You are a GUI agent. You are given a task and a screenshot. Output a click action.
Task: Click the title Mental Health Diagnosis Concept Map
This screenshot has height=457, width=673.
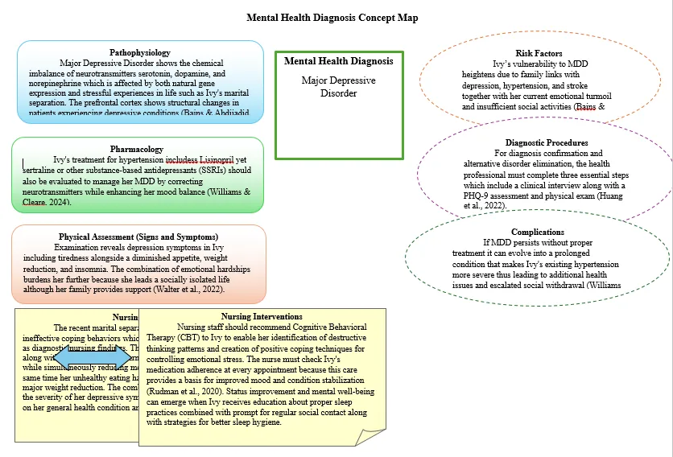pyautogui.click(x=332, y=18)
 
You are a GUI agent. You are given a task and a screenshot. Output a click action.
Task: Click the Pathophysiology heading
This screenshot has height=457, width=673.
pyautogui.click(x=140, y=52)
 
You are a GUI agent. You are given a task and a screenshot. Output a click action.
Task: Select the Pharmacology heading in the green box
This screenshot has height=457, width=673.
pyautogui.click(x=136, y=149)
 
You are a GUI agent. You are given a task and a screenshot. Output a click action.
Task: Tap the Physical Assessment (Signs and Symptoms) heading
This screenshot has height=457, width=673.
pyautogui.click(x=138, y=237)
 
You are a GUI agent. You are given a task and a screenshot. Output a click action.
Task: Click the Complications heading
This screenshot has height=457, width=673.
pyautogui.click(x=538, y=232)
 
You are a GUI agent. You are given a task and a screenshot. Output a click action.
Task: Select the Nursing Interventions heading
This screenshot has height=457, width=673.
pyautogui.click(x=262, y=317)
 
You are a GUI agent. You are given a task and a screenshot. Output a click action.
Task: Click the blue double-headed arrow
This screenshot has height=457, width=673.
pyautogui.click(x=92, y=357)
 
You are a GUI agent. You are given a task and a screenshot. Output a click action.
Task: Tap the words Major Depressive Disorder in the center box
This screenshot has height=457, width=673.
pyautogui.click(x=338, y=87)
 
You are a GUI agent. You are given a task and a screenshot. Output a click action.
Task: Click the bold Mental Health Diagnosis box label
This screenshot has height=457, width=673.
pyautogui.click(x=338, y=61)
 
